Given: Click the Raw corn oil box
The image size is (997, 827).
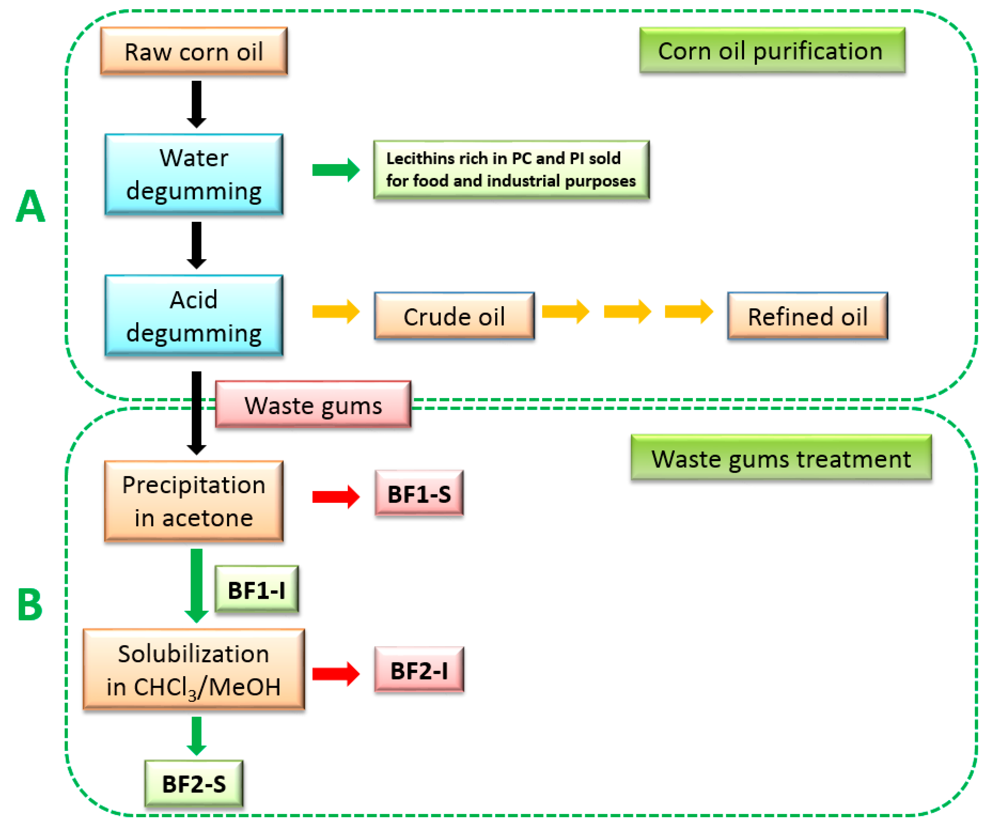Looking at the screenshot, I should pyautogui.click(x=194, y=51).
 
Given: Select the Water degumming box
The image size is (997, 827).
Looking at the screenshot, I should pyautogui.click(x=194, y=174).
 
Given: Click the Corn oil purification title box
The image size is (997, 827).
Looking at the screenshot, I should pyautogui.click(x=772, y=50).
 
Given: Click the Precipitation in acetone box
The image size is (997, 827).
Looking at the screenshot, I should pyautogui.click(x=194, y=501).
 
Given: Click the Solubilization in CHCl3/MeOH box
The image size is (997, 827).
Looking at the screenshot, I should pyautogui.click(x=194, y=669).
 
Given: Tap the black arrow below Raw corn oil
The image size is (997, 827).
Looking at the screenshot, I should pyautogui.click(x=196, y=104).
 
